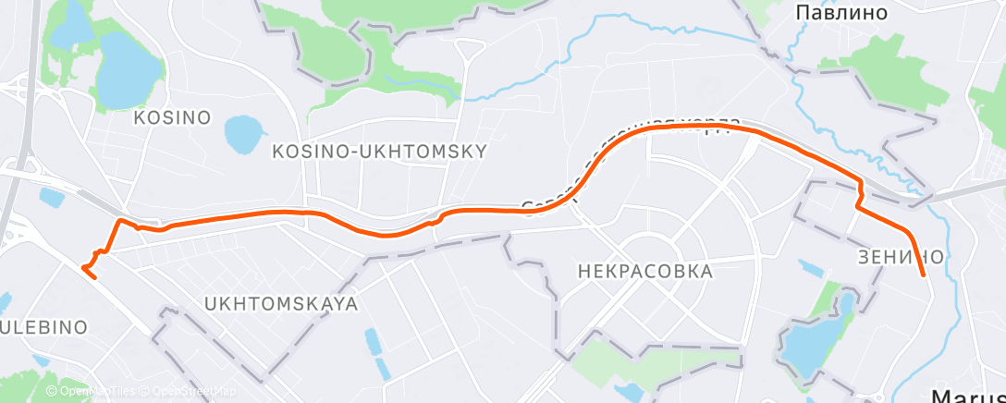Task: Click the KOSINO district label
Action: [172, 118]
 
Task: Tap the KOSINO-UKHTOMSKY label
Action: [380, 150]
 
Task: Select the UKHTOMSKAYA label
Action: [280, 303]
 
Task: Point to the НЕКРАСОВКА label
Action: [644, 272]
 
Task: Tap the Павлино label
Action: [841, 13]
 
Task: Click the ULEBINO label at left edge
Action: [43, 327]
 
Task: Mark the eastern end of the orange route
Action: [924, 275]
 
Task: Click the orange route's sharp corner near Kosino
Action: [118, 220]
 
